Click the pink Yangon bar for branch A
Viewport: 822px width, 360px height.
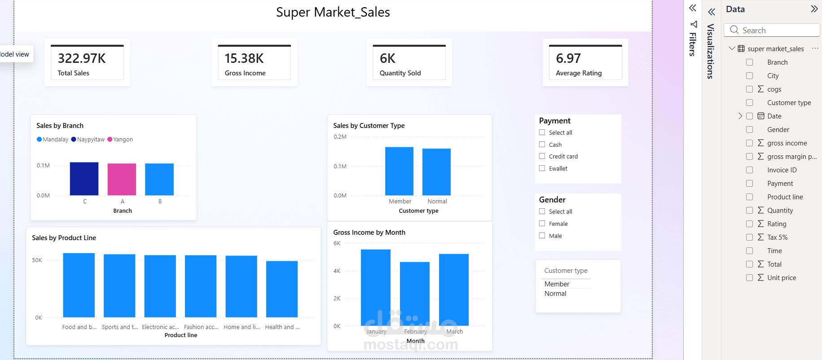click(x=122, y=180)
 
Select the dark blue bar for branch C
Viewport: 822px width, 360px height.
click(x=84, y=179)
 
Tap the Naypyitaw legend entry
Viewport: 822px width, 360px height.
click(x=88, y=140)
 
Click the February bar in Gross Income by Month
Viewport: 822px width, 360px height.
click(x=415, y=294)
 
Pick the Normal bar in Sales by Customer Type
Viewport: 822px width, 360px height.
click(x=436, y=172)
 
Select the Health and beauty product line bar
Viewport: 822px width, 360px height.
click(x=282, y=289)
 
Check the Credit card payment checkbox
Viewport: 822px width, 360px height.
click(x=542, y=156)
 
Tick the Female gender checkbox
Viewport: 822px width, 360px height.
click(x=542, y=224)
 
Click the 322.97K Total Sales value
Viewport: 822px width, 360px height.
click(x=82, y=58)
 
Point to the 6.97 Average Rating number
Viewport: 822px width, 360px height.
click(x=568, y=58)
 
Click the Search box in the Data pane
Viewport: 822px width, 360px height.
click(x=772, y=30)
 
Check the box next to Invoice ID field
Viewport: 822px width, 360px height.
click(x=749, y=170)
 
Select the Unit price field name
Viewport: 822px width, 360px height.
click(x=782, y=278)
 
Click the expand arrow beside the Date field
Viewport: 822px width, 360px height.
click(x=740, y=116)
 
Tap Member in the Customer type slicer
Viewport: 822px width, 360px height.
click(x=557, y=284)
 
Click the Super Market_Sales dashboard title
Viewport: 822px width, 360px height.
click(x=333, y=12)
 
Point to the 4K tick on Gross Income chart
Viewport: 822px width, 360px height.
click(x=337, y=271)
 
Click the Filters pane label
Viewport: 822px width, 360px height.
click(x=693, y=44)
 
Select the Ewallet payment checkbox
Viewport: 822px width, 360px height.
click(x=542, y=168)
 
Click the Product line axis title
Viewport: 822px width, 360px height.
click(x=181, y=335)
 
